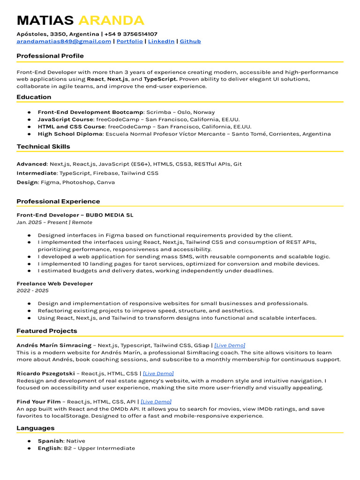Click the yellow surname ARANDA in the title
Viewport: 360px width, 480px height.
tap(111, 21)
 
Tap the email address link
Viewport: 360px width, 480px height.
tap(64, 41)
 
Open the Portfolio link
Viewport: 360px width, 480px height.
tap(129, 41)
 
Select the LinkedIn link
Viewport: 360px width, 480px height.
tap(161, 41)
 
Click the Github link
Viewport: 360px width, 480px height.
tap(190, 41)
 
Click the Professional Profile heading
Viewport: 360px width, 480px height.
tap(50, 56)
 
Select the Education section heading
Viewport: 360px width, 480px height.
tap(34, 97)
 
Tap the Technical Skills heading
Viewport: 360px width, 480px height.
tap(43, 146)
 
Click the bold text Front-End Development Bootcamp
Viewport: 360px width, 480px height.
tap(90, 112)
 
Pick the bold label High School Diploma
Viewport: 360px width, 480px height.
tap(70, 134)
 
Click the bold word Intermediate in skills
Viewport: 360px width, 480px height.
tap(37, 173)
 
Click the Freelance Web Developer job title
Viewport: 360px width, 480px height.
tap(54, 284)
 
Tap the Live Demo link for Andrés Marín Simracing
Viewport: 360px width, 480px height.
tap(230, 345)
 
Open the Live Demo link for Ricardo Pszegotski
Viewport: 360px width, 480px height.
tap(158, 374)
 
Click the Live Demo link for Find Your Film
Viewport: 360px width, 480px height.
tap(156, 402)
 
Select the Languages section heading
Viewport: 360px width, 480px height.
tap(36, 428)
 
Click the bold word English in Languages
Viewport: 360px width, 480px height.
tap(49, 448)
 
